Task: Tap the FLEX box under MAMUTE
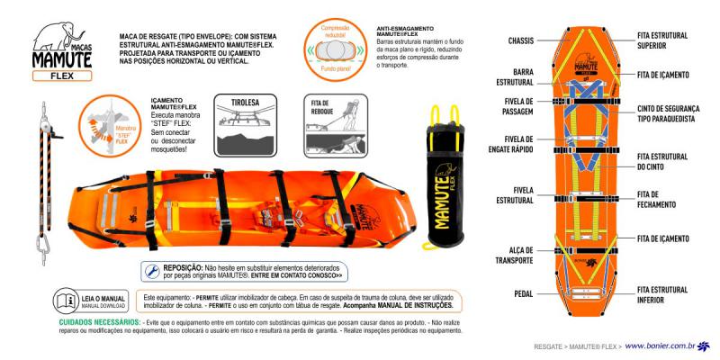(x=64, y=76)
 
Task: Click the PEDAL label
(x=523, y=293)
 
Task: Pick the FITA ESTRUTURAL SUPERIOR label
(x=662, y=40)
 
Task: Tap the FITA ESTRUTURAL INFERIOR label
(x=662, y=294)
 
